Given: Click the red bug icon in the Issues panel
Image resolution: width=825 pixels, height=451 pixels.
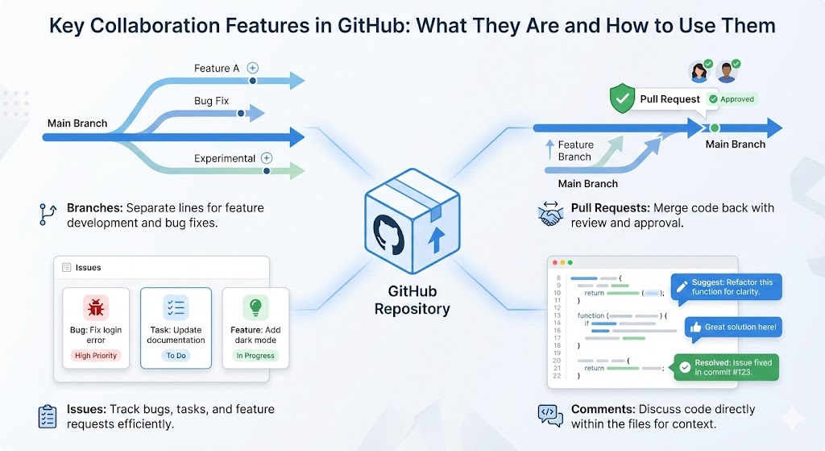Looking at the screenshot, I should pos(96,307).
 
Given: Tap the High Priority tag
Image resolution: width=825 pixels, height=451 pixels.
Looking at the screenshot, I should pos(96,356).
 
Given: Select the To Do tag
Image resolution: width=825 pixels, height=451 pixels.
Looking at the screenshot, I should pos(176,356).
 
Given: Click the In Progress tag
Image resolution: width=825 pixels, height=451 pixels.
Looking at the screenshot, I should pos(255,356).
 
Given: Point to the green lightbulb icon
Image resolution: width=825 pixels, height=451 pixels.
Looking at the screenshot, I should pos(255,307).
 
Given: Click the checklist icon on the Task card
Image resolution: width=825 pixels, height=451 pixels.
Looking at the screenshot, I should pos(176,307).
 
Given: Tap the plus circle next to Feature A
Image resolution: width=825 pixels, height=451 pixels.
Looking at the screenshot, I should pos(253,69).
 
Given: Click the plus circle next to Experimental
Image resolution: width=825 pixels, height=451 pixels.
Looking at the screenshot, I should pos(267,158).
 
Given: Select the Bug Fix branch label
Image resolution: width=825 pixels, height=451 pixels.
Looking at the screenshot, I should pos(212,102).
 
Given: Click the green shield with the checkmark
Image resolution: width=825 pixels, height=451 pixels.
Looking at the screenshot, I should pos(621,99).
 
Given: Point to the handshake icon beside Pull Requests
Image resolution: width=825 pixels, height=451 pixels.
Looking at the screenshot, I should pos(552,215).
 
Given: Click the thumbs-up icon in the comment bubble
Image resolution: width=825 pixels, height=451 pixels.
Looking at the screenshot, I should pos(694,327).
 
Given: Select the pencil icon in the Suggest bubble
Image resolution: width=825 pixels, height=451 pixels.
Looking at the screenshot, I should pos(682,286).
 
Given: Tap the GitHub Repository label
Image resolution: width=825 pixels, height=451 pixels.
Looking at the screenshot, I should pos(412,301).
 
